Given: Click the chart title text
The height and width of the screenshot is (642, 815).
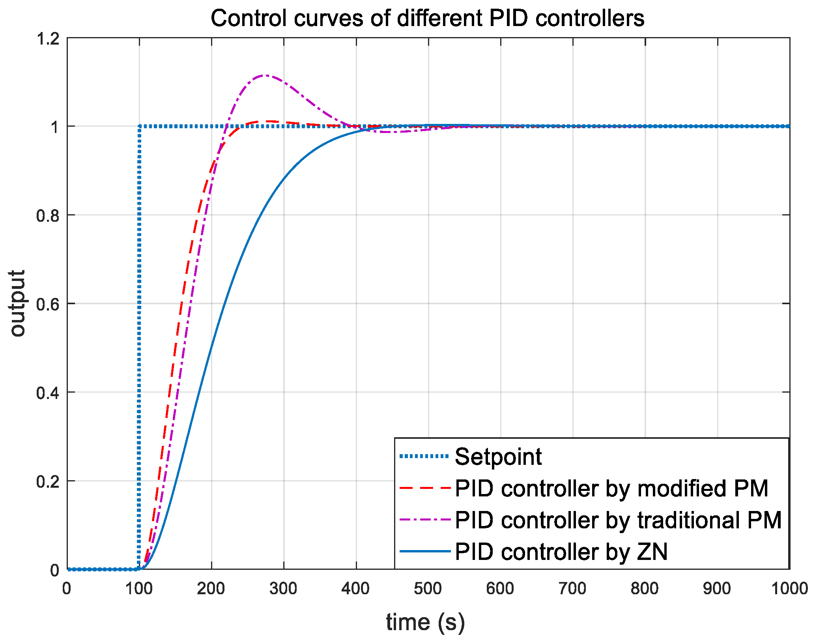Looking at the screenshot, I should pos(427,18).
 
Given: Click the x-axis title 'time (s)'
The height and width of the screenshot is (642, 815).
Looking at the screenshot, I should pos(425,622).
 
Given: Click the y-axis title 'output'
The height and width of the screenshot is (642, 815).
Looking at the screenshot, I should pos(17,303).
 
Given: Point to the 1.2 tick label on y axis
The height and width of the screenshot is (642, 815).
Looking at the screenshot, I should pos(47,39).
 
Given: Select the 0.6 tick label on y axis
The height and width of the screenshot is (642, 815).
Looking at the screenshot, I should pos(47,304).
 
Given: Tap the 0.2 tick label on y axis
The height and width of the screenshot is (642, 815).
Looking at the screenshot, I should pos(47,481).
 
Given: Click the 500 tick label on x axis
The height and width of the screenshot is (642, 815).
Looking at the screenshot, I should pos(428,588).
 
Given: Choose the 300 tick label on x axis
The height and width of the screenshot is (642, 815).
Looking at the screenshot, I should pos(283,588).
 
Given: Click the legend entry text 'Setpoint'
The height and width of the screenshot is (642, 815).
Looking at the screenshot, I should pos(498,457).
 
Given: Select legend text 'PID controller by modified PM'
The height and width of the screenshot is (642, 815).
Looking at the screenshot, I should pos(611,488).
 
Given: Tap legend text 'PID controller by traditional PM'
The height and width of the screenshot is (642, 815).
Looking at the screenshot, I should pos(618,520).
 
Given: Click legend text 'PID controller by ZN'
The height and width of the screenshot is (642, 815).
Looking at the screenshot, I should pos(561,551).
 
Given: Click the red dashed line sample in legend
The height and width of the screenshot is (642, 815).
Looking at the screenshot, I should pos(425,488).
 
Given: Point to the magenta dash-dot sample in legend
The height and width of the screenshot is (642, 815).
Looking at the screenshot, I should pos(425,520).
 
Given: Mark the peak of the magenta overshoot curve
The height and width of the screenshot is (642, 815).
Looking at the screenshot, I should pos(266,75).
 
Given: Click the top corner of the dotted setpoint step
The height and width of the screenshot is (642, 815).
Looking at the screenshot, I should pos(139,126).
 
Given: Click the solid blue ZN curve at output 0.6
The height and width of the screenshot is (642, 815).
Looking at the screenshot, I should pos(224,303).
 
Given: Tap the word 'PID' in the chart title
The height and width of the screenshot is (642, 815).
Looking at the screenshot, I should pos(508,18).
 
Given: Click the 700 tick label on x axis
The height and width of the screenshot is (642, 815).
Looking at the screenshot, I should pos(572,588).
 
